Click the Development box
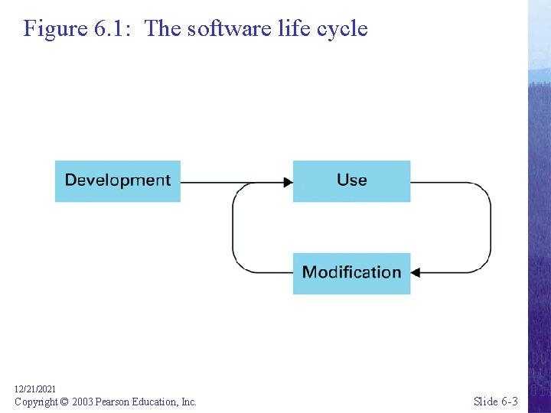point(117,180)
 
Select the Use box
point(351,180)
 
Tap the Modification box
point(351,273)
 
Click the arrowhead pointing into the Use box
point(288,182)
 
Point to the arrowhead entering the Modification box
point(416,272)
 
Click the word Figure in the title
point(55,29)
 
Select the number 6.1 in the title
point(112,29)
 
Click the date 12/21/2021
point(35,389)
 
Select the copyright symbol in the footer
point(64,402)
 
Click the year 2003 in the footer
point(83,402)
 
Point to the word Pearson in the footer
point(113,402)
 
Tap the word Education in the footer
point(157,402)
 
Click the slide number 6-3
point(510,402)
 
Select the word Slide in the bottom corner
point(487,402)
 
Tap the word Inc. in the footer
point(189,402)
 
